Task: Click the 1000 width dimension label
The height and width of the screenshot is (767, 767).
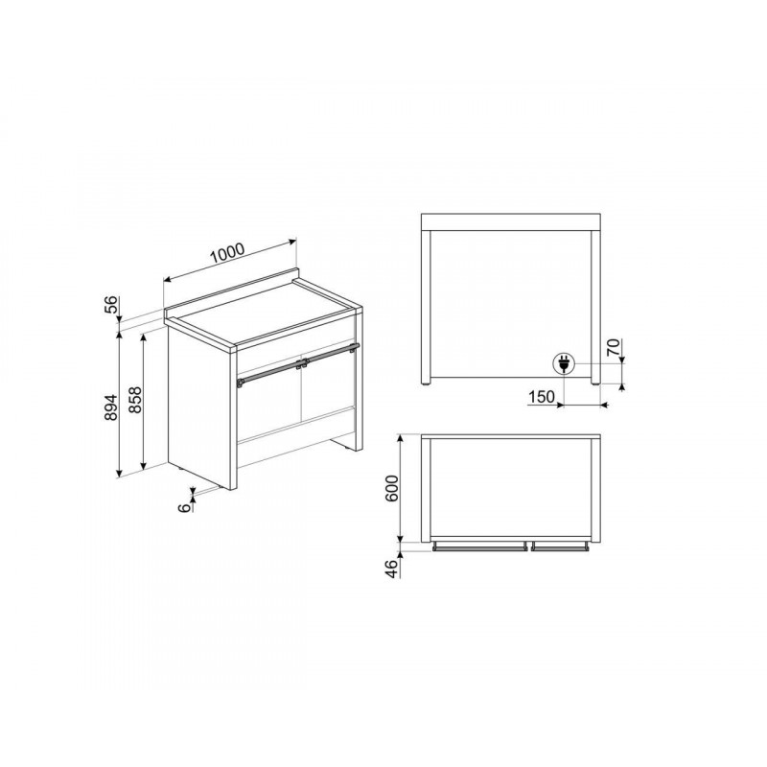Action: click(x=227, y=253)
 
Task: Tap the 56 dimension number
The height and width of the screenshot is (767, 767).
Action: click(x=112, y=304)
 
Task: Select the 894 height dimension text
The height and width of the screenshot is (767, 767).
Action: click(x=112, y=407)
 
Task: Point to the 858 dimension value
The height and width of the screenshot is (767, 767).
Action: click(x=135, y=400)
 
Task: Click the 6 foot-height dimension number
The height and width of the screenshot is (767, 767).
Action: click(x=185, y=508)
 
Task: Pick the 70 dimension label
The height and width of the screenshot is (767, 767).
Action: click(x=614, y=347)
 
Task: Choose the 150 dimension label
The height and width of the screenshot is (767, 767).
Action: click(x=542, y=397)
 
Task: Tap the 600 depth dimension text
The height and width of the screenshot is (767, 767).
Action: click(x=392, y=488)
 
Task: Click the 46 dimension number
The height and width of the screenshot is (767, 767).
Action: click(x=392, y=569)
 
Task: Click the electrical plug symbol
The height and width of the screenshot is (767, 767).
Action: click(x=563, y=364)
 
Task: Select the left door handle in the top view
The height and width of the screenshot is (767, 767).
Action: click(x=479, y=546)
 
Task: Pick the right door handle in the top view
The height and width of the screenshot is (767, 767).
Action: click(x=560, y=546)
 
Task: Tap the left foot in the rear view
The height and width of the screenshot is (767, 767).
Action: click(x=426, y=384)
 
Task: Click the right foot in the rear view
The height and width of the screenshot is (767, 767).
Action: click(x=594, y=384)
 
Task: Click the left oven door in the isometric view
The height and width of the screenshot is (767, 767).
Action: click(x=268, y=405)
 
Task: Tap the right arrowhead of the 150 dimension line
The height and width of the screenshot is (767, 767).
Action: click(x=604, y=405)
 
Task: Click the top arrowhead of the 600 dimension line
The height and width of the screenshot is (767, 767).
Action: click(x=401, y=438)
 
